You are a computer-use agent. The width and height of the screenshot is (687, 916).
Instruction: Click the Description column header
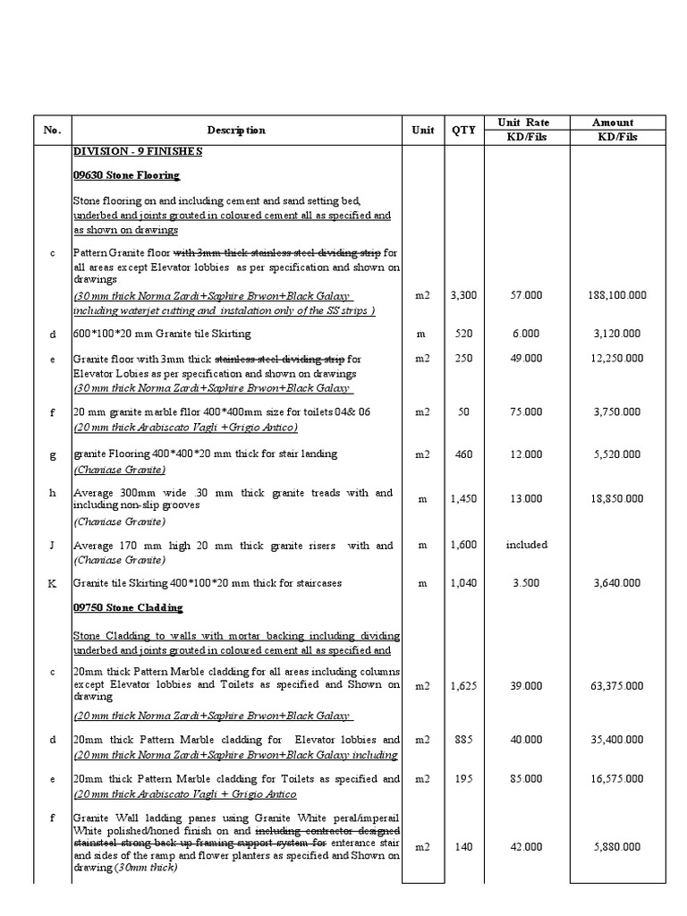[x=236, y=131]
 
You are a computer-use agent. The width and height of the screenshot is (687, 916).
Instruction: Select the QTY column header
[x=463, y=131]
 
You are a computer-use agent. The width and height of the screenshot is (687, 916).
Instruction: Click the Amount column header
[x=613, y=123]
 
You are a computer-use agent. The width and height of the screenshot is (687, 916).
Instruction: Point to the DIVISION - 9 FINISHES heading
[x=138, y=151]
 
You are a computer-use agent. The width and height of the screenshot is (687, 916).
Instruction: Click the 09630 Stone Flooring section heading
[x=126, y=175]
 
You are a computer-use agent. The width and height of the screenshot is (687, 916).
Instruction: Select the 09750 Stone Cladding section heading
[x=128, y=608]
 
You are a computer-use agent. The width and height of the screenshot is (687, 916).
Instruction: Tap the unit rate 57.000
[x=526, y=293]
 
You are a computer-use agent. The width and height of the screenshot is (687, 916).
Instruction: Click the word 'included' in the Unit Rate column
[x=526, y=544]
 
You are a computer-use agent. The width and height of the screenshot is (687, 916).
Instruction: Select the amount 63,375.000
[x=615, y=686]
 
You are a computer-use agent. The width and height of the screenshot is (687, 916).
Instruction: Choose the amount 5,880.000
[x=615, y=847]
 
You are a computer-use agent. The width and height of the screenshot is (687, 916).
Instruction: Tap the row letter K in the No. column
[x=52, y=583]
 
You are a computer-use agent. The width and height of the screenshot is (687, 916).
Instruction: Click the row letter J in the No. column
[x=52, y=545]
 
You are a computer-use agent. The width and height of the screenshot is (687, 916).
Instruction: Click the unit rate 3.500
[x=526, y=583]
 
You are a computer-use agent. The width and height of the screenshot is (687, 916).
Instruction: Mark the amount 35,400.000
[x=615, y=740]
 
